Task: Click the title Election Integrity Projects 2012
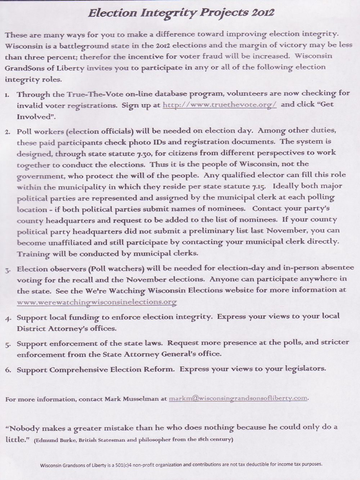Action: (181, 13)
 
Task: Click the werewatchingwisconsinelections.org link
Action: (97, 302)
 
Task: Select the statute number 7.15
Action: (259, 187)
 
